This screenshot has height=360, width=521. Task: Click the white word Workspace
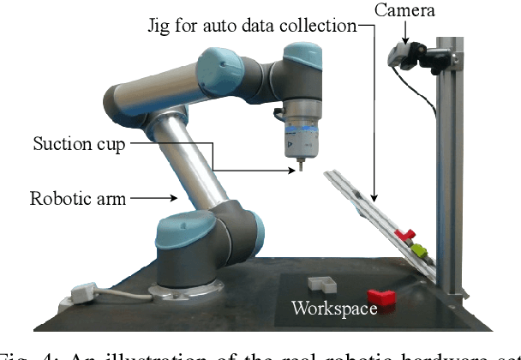pos(333,307)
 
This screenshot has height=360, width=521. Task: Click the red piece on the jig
pos(404,234)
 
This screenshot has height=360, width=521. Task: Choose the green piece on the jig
pos(419,251)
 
